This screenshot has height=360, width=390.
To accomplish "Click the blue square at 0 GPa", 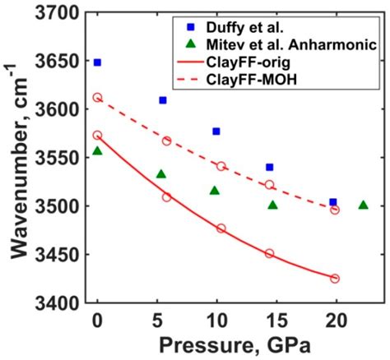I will coord(98,62).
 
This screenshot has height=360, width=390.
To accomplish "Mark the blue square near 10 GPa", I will coord(216,132).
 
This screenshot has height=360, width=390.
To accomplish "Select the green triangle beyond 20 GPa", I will coord(363,205).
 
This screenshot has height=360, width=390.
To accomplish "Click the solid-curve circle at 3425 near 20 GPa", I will coord(335,279).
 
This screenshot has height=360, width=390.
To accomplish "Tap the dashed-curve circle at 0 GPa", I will coord(98,97).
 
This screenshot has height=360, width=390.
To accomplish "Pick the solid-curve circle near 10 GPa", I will coord(221,228).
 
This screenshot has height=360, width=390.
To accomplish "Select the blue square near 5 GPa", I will coord(163,100).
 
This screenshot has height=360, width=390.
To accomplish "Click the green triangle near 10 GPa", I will coord(215,191).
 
